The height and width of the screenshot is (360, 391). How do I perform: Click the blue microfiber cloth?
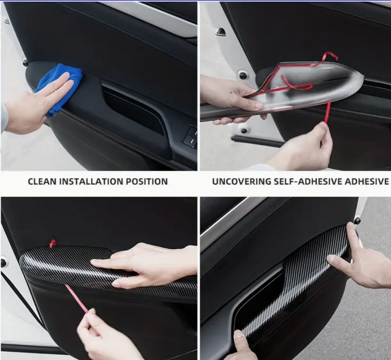[60, 87]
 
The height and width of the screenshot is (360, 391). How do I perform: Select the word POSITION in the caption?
[146, 181]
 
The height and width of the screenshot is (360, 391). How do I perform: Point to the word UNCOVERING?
[241, 181]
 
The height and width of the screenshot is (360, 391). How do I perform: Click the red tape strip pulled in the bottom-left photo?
[76, 299]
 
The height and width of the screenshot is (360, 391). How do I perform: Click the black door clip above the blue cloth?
[25, 63]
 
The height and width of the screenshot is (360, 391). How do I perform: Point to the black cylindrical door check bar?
[258, 141]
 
